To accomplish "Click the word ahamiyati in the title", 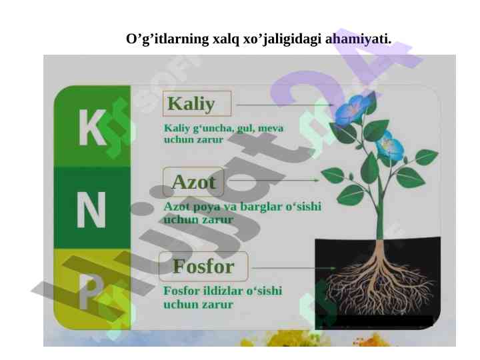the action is tap(358, 39).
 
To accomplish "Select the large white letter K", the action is tap(92, 127).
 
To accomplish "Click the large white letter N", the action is tap(91, 210).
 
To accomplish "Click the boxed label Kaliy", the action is tap(197, 103).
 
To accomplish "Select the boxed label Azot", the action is tap(193, 182).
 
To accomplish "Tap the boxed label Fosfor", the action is tap(203, 266).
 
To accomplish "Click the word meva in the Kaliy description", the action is tap(271, 128).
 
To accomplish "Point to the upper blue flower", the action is tap(353, 109).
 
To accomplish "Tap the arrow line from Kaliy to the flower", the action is tap(285, 105).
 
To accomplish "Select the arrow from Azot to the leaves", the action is tap(274, 180).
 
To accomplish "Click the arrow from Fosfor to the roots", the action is tap(294, 268).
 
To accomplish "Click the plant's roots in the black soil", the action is tap(379, 285).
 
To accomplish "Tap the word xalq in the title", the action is tap(226, 39).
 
